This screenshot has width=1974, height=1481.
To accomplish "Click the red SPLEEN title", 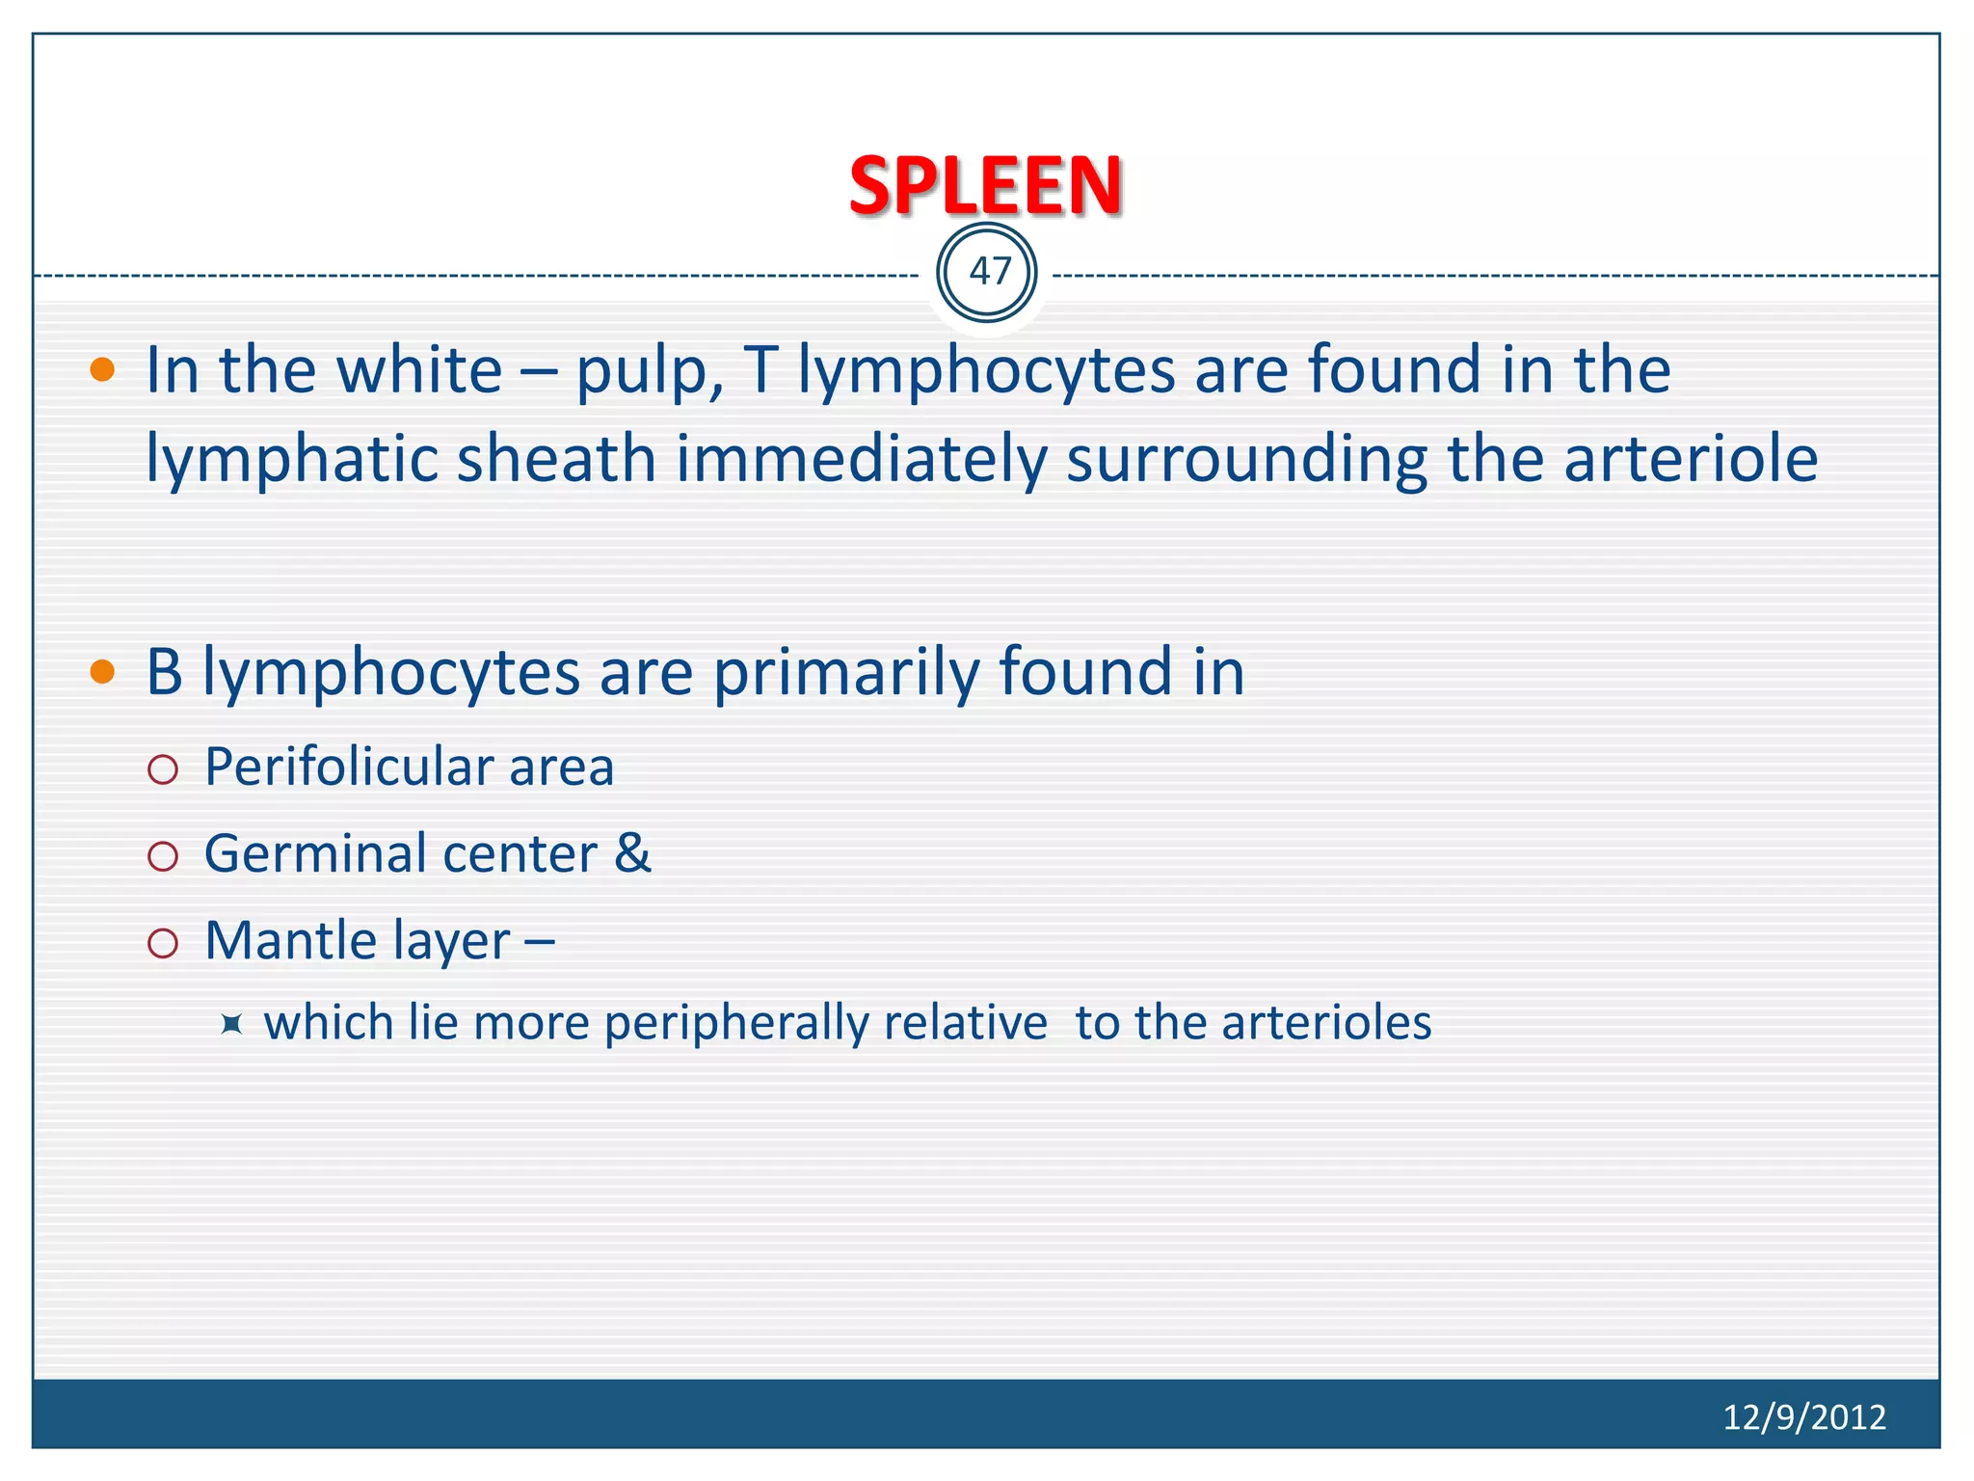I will [x=985, y=185].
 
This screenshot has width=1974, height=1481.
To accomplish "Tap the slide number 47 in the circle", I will [x=989, y=272].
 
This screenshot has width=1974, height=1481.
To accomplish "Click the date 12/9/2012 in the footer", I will [x=1803, y=1416].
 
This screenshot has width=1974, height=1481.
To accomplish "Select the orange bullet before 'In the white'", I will [x=102, y=370].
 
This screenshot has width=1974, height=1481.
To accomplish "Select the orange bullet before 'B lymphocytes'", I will [x=102, y=671].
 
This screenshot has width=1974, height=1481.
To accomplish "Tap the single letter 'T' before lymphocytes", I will [x=760, y=370].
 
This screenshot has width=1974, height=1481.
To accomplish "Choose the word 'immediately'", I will [x=861, y=460].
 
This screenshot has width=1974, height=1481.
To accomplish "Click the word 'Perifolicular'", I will [x=347, y=767].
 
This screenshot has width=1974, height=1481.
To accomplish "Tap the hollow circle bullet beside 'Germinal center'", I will [x=163, y=856].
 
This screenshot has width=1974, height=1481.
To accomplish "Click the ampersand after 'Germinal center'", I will [x=632, y=854].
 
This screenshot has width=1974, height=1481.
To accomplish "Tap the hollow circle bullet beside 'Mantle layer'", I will [x=163, y=943].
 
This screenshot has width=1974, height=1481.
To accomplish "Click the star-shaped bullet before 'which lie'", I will [x=231, y=1024].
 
